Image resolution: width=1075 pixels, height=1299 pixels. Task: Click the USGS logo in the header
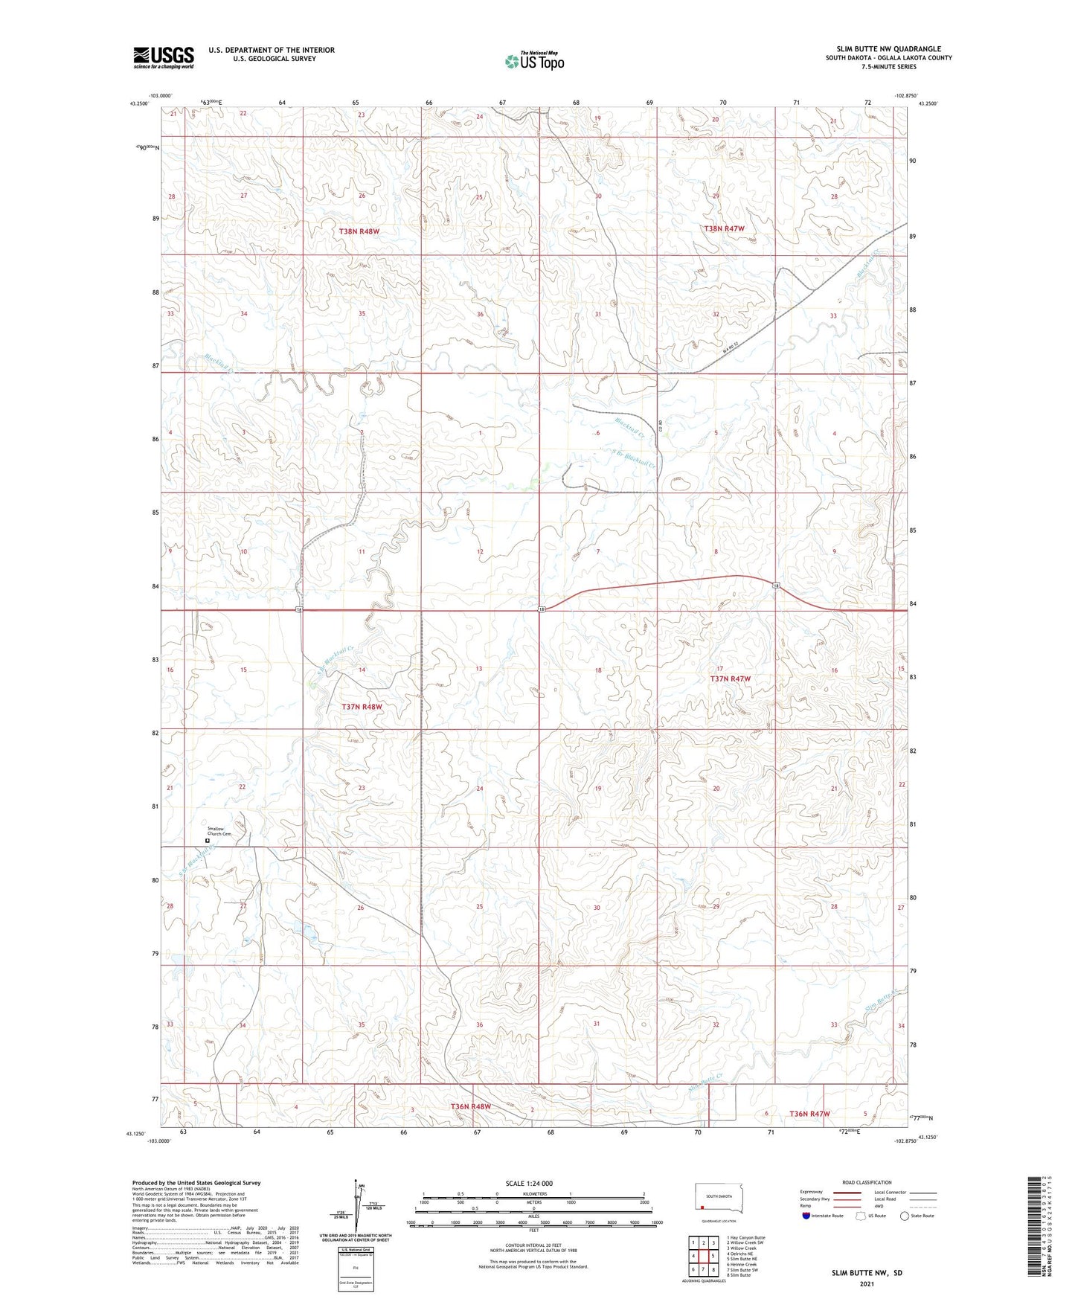(164, 57)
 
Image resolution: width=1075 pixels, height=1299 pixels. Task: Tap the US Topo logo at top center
(533, 61)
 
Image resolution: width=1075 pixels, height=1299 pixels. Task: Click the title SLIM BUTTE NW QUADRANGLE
(888, 49)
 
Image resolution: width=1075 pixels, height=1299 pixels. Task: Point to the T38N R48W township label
(359, 231)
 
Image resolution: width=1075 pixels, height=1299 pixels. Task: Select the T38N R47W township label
(724, 228)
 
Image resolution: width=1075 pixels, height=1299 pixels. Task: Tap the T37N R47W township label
(730, 679)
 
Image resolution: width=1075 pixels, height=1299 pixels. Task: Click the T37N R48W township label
(362, 707)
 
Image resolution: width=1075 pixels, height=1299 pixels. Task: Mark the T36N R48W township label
(470, 1106)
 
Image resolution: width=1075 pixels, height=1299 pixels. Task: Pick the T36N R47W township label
(809, 1114)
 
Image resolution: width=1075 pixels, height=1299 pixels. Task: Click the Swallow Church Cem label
(219, 831)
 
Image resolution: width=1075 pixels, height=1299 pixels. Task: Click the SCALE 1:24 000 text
(529, 1183)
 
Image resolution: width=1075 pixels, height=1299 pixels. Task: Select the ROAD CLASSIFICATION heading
(867, 1182)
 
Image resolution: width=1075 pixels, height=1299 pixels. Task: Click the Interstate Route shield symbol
(806, 1216)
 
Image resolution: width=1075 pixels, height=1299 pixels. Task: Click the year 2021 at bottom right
(867, 1284)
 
